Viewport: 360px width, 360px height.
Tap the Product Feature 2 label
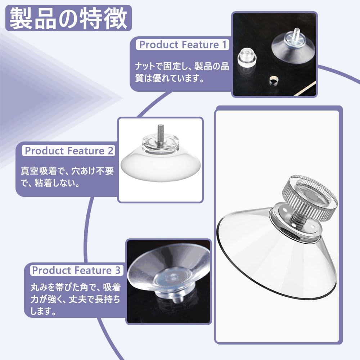pyautogui.click(x=69, y=151)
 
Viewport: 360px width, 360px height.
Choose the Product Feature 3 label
pyautogui.click(x=77, y=270)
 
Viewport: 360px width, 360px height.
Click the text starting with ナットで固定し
pyautogui.click(x=182, y=72)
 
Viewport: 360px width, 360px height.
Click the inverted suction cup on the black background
pyautogui.click(x=169, y=274)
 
